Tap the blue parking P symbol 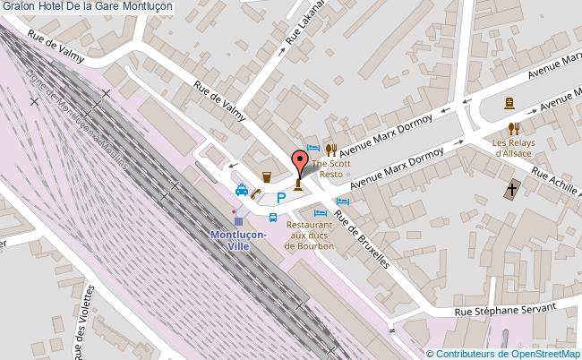tap(281, 199)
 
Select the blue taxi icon tap(242, 190)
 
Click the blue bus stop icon tap(274, 218)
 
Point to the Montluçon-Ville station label tap(237, 240)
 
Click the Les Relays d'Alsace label tap(511, 148)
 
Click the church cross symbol tap(511, 189)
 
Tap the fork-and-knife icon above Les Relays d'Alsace tap(512, 128)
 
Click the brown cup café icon tap(266, 176)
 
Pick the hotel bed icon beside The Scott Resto tap(312, 148)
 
